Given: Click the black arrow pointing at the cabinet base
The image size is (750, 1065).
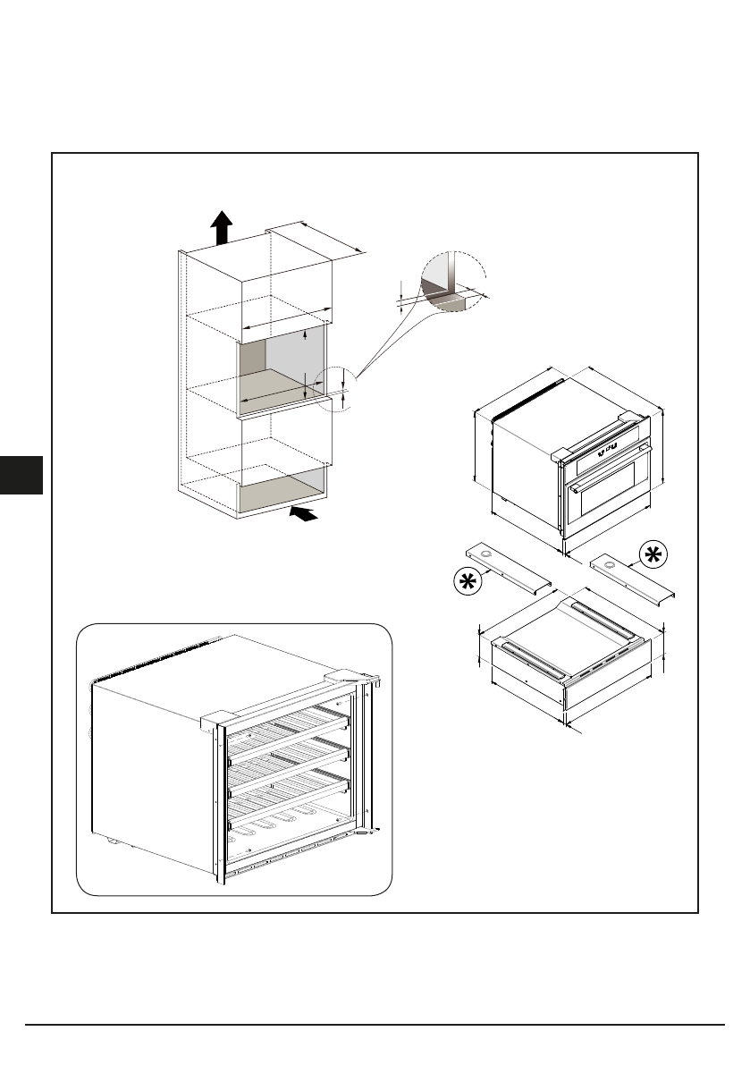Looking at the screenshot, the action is [x=304, y=513].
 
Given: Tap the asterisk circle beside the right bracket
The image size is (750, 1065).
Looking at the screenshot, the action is [x=652, y=555].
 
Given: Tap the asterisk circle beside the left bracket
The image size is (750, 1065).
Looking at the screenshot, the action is [x=466, y=582].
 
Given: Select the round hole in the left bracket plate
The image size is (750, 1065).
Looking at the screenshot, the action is [x=485, y=556].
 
